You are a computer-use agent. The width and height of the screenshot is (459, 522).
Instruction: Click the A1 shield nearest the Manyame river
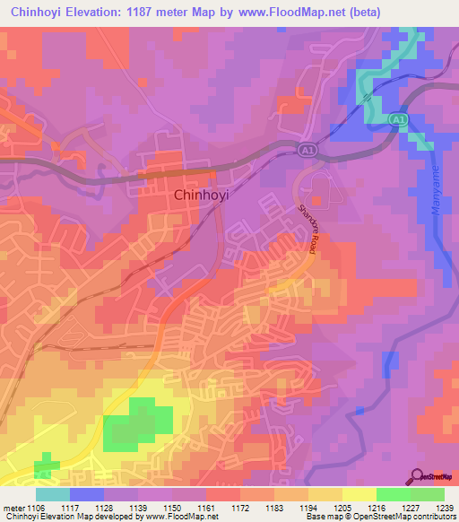(x=395, y=118)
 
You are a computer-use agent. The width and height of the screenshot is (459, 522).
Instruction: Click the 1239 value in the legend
(x=445, y=508)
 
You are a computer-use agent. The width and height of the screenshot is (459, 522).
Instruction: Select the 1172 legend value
(x=241, y=508)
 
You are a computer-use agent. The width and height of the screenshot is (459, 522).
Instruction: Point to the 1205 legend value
(x=343, y=508)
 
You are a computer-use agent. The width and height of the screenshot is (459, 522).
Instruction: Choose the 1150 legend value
(x=173, y=508)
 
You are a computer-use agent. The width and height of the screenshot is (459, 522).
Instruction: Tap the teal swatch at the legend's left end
(x=53, y=494)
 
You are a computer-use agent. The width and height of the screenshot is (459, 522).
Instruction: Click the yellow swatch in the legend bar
(x=359, y=494)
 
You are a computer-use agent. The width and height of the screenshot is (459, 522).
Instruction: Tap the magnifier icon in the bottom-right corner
(x=416, y=475)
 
